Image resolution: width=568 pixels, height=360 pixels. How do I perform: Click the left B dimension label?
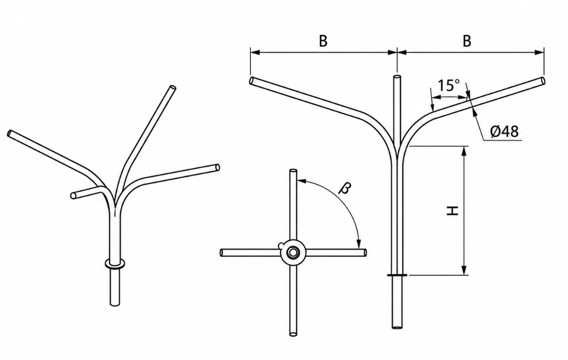[x=323, y=41]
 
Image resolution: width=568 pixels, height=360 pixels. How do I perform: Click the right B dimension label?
[x=467, y=41]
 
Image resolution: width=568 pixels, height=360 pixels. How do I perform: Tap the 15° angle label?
[x=449, y=86]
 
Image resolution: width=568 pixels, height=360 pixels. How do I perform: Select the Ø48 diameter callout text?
[x=505, y=131]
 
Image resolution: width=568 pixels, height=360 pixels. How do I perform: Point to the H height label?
[x=453, y=211]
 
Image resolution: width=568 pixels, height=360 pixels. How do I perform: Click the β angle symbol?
[x=345, y=188]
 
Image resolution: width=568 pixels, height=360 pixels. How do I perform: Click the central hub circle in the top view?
[x=292, y=252]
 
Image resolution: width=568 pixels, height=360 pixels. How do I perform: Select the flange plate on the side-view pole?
[x=398, y=275]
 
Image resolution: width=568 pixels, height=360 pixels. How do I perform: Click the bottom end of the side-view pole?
[x=398, y=327]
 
